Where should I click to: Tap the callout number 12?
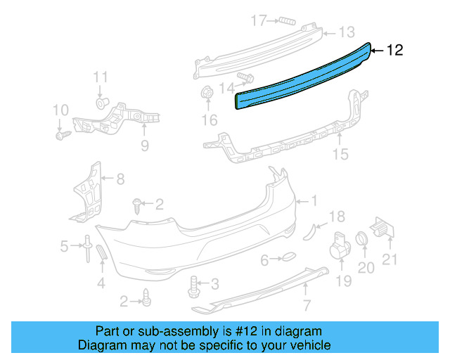coord(395,50)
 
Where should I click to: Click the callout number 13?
coord(347,32)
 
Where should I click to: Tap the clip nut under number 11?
coord(101,103)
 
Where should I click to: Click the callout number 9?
coord(145,146)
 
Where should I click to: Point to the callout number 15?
coord(340,154)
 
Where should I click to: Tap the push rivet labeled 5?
coord(86,247)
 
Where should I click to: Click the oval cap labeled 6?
coord(289,259)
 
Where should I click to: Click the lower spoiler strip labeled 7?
coord(267,288)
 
